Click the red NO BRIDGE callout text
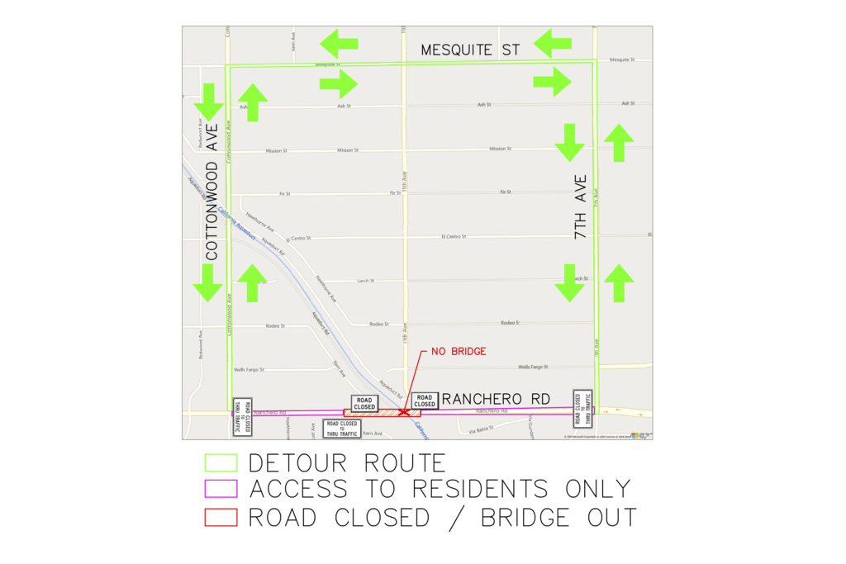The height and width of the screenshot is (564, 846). click(459, 352)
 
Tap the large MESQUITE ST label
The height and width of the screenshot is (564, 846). click(470, 50)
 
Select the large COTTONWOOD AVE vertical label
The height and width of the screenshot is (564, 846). click(212, 192)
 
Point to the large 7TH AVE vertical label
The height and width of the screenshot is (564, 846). click(581, 207)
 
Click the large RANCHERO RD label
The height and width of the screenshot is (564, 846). click(496, 399)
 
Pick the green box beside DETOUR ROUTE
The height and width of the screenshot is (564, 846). click(221, 462)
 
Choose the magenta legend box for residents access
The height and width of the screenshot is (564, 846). click(221, 490)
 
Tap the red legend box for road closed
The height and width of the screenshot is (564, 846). click(221, 518)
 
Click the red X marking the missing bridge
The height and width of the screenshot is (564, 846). click(403, 411)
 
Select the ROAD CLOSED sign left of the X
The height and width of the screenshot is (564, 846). click(364, 403)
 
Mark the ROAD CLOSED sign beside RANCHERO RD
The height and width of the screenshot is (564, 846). click(425, 401)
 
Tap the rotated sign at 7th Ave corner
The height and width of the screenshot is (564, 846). click(582, 409)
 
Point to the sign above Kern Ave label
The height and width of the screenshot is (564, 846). click(341, 428)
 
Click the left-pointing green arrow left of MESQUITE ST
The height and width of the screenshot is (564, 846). click(339, 43)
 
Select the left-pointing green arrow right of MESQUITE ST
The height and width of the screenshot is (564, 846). click(553, 41)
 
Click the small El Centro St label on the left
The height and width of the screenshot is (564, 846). click(297, 238)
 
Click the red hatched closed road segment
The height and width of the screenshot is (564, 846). click(382, 412)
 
